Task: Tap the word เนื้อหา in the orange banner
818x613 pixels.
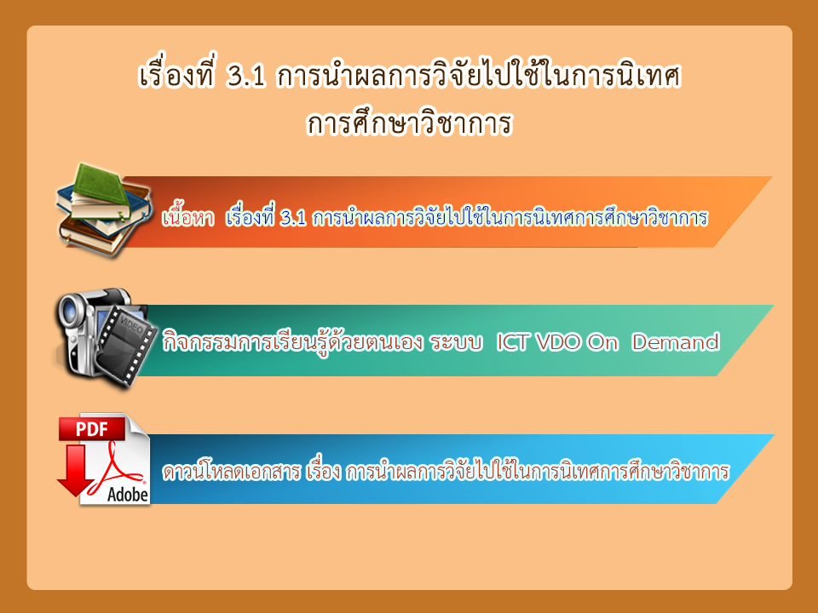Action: [x=188, y=217]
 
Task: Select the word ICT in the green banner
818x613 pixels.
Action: [x=512, y=342]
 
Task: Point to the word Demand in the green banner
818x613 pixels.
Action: [x=676, y=342]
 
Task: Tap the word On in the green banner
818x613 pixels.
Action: [x=602, y=342]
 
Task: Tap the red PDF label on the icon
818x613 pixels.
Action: [x=92, y=429]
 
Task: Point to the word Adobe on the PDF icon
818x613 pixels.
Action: [x=128, y=493]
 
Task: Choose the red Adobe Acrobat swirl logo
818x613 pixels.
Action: [x=118, y=467]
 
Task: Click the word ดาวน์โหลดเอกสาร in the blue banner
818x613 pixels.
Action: [x=232, y=471]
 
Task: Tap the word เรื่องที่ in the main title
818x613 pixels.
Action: [x=176, y=76]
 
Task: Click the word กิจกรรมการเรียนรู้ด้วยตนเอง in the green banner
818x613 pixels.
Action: [x=292, y=342]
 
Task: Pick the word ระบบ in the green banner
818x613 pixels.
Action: [x=456, y=343]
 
